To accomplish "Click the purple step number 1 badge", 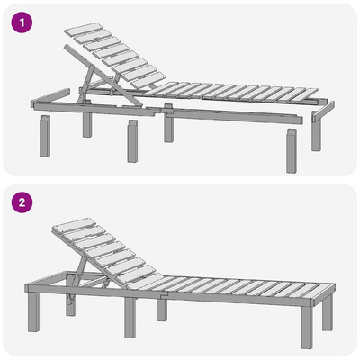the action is point(22,22).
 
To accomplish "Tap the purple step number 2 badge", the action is point(22,202).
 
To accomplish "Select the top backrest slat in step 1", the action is point(84,29).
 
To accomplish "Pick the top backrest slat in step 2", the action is point(74,224).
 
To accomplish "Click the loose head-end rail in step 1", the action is point(50,96).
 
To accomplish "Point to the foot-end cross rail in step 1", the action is point(323,112).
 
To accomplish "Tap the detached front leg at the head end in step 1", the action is point(45,136).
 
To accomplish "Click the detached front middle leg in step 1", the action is point(132,141).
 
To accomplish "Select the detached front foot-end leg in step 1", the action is point(292,151).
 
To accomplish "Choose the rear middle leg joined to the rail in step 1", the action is point(168,123).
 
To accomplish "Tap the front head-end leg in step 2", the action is point(33,312).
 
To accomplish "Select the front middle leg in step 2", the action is point(130,318).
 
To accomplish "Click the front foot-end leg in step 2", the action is point(308,327).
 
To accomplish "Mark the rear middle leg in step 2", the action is point(162,310).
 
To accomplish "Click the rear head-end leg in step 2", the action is point(71,304).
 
